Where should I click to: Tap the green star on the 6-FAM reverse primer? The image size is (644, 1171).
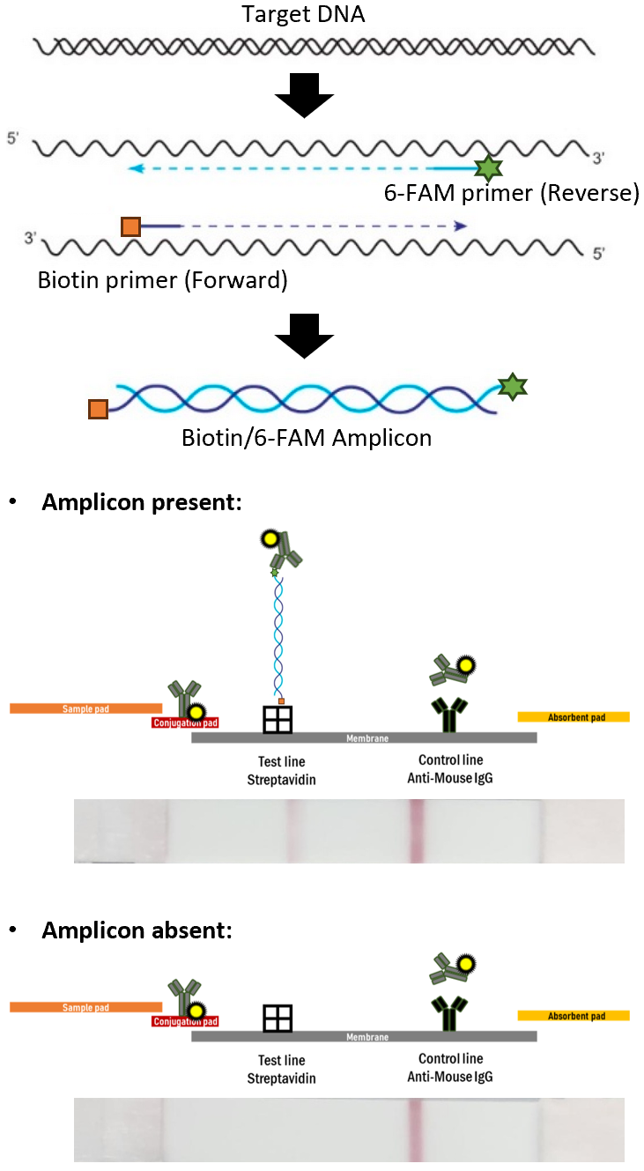(485, 167)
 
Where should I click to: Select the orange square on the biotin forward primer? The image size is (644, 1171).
(131, 226)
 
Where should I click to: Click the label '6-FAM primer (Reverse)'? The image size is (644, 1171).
(511, 194)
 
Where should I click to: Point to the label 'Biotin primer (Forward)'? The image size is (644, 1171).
(163, 280)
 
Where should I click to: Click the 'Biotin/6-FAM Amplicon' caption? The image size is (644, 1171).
(307, 437)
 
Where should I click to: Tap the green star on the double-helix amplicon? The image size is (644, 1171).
(511, 385)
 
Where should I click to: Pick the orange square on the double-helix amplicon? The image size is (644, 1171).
(98, 410)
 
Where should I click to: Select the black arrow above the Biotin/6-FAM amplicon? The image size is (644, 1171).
(304, 335)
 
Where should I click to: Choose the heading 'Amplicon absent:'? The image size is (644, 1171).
(137, 930)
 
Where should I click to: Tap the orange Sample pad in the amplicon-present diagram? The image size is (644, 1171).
(85, 708)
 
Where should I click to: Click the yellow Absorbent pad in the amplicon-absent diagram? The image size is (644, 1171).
(574, 1016)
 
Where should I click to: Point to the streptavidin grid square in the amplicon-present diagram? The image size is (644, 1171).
(278, 719)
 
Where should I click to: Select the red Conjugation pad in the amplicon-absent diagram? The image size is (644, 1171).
(185, 1022)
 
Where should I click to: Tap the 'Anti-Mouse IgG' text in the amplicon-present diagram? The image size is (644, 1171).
(450, 778)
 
